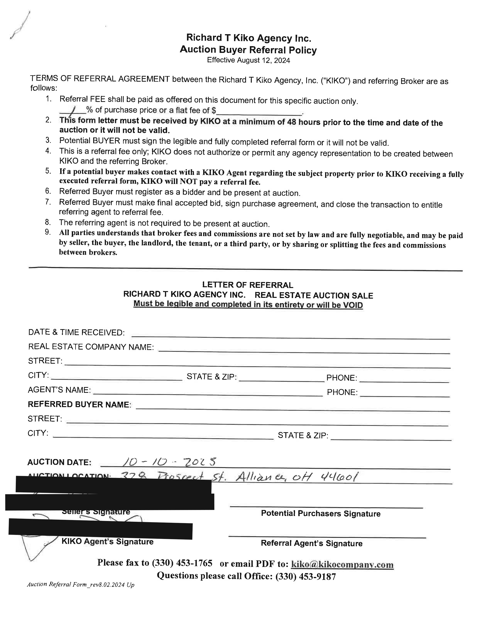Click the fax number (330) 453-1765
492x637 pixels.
(182, 563)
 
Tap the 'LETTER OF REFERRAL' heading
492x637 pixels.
(248, 285)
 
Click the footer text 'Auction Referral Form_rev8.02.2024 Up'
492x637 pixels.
(81, 584)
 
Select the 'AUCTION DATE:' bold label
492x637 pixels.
(59, 462)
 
